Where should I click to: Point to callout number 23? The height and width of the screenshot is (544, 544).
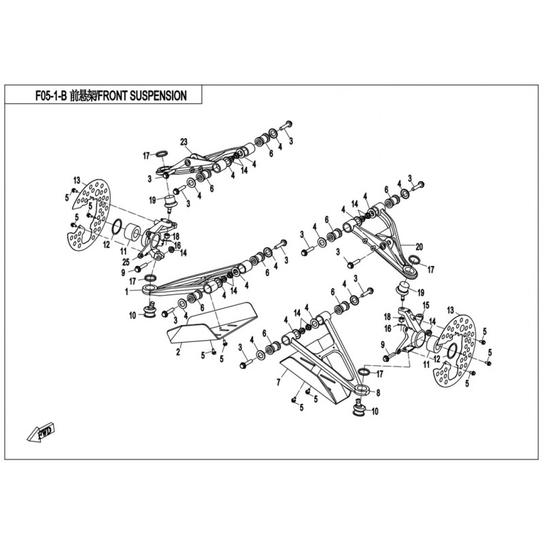[183, 141]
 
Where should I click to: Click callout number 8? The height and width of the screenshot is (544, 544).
[378, 392]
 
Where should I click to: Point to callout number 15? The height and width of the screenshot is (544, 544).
[426, 305]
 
